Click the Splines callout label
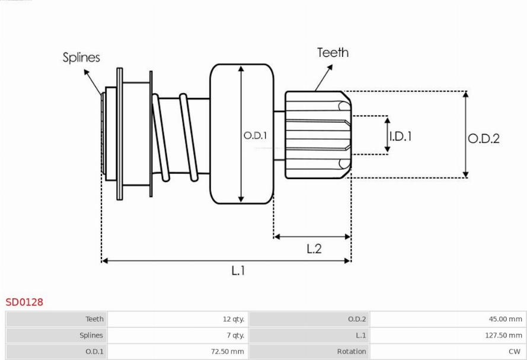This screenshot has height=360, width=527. click(x=82, y=58)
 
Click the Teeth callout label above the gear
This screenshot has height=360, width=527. click(x=333, y=52)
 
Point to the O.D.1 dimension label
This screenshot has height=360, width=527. click(x=255, y=136)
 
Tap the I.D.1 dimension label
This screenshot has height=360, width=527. click(x=400, y=136)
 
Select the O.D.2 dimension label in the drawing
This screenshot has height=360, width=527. click(x=484, y=138)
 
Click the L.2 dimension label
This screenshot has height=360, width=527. click(x=314, y=249)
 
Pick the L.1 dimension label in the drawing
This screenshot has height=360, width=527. click(x=238, y=270)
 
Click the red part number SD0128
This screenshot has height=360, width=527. click(x=24, y=302)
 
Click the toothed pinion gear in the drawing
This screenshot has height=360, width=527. click(x=317, y=135)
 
